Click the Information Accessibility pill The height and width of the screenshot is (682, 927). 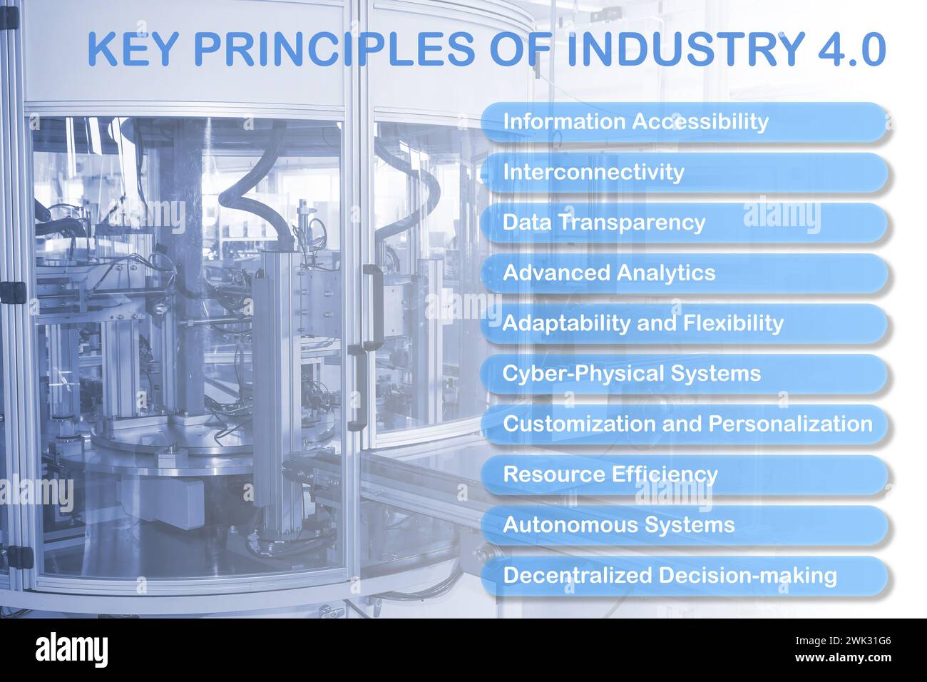click(x=685, y=122)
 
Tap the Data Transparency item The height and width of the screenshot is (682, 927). click(x=685, y=223)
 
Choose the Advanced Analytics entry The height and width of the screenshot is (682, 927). click(x=685, y=273)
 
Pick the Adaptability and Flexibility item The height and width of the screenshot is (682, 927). click(x=685, y=324)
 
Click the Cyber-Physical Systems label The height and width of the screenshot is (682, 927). click(x=685, y=374)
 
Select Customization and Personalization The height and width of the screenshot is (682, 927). click(x=685, y=424)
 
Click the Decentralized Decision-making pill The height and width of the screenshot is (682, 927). click(x=685, y=576)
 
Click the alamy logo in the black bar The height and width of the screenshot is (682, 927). click(x=72, y=649)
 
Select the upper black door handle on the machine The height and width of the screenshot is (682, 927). click(x=371, y=303)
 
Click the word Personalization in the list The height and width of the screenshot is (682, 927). click(x=790, y=424)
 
